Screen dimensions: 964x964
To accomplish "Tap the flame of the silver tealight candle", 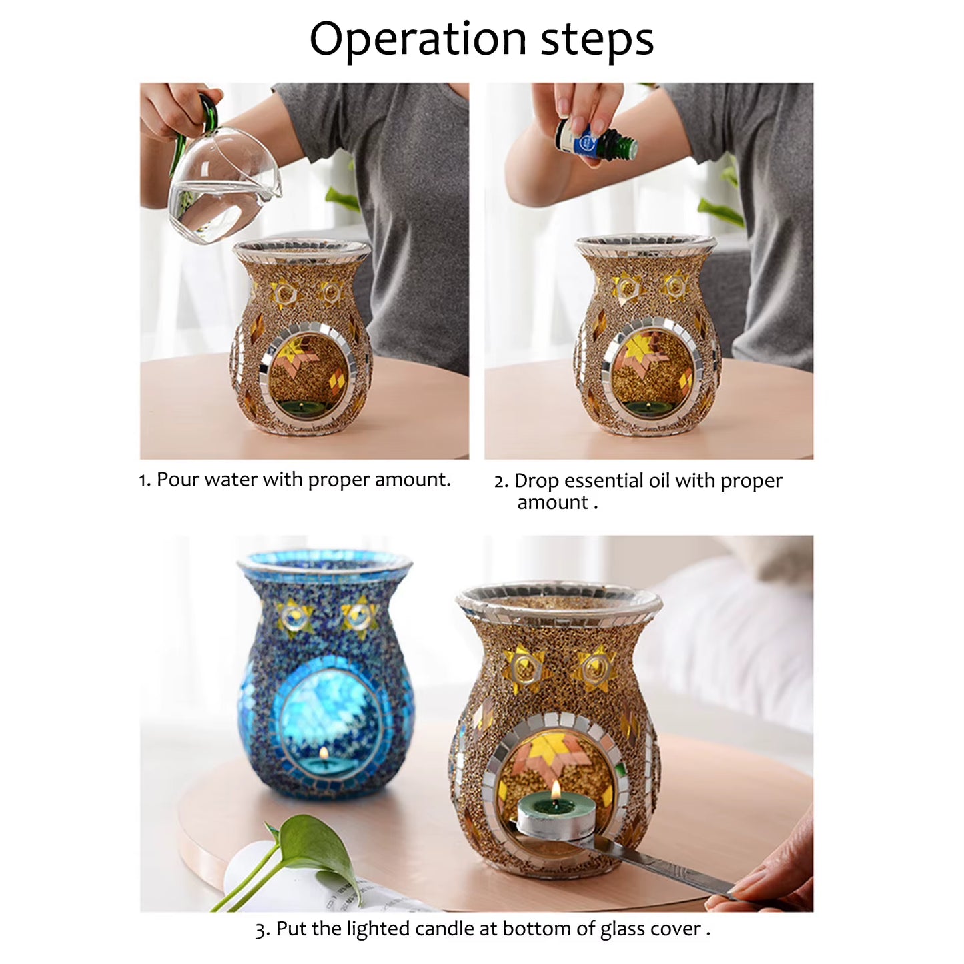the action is click(x=555, y=791).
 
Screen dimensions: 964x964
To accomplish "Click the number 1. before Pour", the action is click(x=145, y=480).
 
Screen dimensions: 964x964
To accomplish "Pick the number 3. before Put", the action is click(x=263, y=930).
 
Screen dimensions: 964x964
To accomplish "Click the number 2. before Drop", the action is click(x=501, y=481).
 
